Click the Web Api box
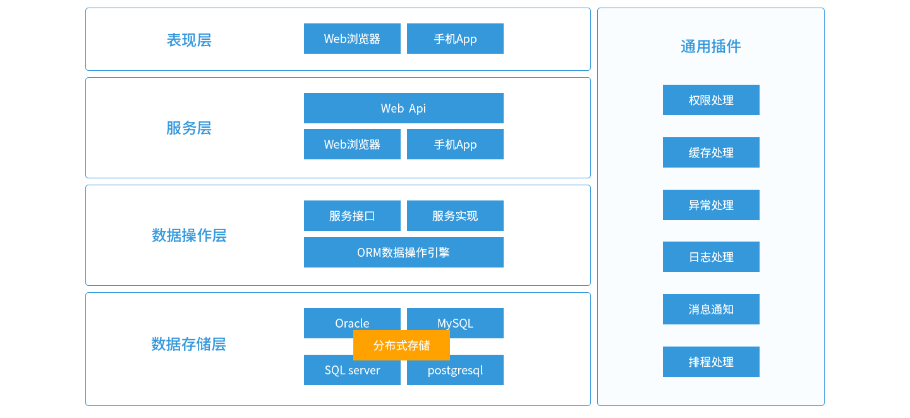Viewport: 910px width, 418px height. coord(403,108)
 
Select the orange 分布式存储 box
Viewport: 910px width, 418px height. coord(401,345)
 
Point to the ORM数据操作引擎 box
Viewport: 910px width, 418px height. coord(403,252)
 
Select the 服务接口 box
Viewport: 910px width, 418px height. coord(352,216)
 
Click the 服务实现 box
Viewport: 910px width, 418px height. coord(455,216)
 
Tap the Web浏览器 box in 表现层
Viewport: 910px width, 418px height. coord(352,39)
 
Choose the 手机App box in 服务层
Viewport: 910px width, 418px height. coord(455,144)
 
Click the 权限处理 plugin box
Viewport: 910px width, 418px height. coord(711,100)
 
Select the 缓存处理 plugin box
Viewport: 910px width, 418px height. coord(711,152)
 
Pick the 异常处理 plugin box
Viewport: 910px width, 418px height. coord(711,205)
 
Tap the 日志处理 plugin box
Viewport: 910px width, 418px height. coord(711,257)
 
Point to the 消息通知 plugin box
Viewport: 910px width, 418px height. coord(711,309)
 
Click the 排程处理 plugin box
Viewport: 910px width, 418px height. coord(711,362)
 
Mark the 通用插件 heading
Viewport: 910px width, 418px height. coord(711,46)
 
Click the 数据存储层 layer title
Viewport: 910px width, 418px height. coord(188,344)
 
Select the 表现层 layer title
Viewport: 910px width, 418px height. coord(188,40)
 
